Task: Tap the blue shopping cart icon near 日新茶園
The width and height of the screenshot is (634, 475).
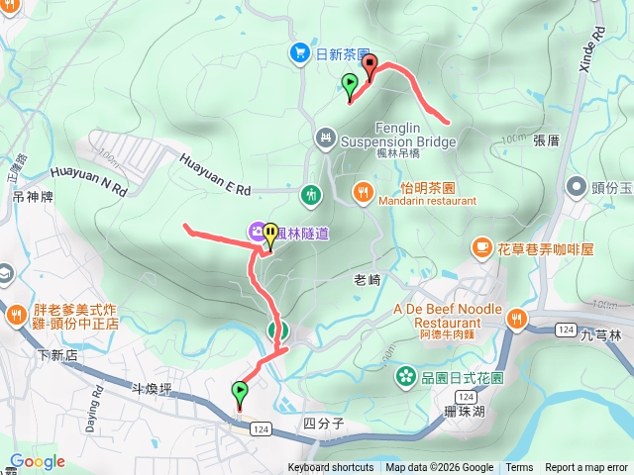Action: [x=298, y=52]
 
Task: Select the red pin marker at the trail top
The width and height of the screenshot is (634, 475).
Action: [x=370, y=66]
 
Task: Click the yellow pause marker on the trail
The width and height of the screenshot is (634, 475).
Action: [x=270, y=234]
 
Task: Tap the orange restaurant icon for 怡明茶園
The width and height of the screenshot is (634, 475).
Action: [x=364, y=192]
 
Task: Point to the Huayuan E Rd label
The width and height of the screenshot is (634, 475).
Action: [x=216, y=173]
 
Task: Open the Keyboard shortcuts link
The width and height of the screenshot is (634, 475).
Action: [x=331, y=468]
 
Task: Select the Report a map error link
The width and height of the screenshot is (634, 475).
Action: [x=586, y=468]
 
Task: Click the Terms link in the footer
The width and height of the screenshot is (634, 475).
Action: [x=519, y=468]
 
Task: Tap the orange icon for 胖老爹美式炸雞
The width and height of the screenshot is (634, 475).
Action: [x=17, y=316]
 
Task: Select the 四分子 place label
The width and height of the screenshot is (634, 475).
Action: [x=323, y=424]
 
